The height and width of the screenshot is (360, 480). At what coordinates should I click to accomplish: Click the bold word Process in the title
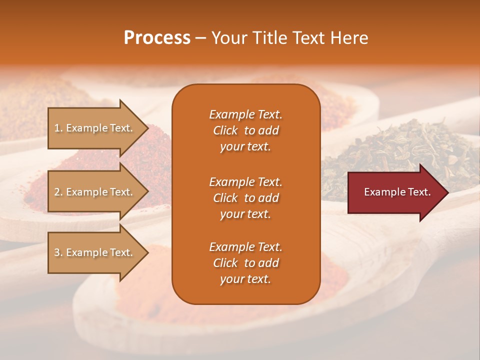pos(157,38)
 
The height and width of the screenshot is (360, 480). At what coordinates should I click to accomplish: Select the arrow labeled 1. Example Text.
pos(95,128)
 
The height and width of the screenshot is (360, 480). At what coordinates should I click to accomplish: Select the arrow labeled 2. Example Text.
pos(95,192)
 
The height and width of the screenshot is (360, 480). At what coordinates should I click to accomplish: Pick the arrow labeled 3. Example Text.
pos(95,252)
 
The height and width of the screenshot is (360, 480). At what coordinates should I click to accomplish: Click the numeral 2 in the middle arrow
pos(57,192)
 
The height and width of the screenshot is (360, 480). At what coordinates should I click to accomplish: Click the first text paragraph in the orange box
pos(245,130)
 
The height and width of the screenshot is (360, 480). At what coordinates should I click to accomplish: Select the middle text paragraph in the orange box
pos(245,198)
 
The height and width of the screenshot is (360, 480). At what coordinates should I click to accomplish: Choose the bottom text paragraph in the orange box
pos(245,263)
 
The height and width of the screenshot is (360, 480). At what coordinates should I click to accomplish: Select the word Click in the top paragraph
pos(225,131)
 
